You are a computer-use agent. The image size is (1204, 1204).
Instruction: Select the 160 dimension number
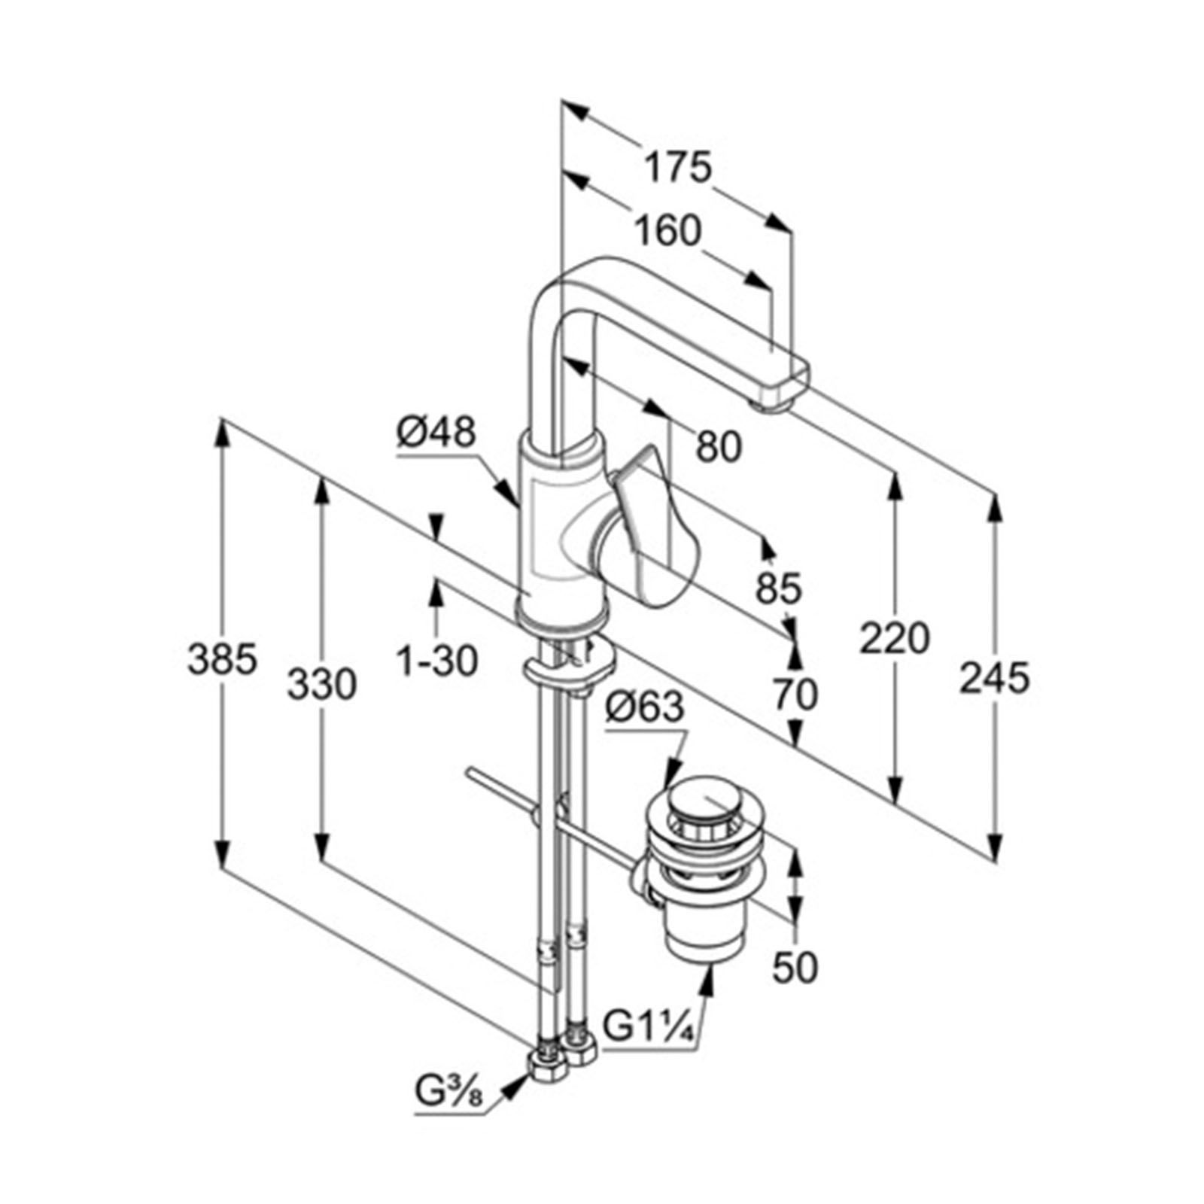667,230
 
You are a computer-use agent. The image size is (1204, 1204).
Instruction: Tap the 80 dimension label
719,446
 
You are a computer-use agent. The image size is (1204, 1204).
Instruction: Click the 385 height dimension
222,660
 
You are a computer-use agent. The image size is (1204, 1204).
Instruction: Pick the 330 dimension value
322,686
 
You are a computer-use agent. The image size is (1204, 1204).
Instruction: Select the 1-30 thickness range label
437,661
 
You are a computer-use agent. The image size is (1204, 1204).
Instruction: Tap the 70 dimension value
795,694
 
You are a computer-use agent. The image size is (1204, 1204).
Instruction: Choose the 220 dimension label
895,638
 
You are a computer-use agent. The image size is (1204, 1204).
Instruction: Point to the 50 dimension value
795,967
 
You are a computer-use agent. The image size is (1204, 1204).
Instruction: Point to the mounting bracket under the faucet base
568,669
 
